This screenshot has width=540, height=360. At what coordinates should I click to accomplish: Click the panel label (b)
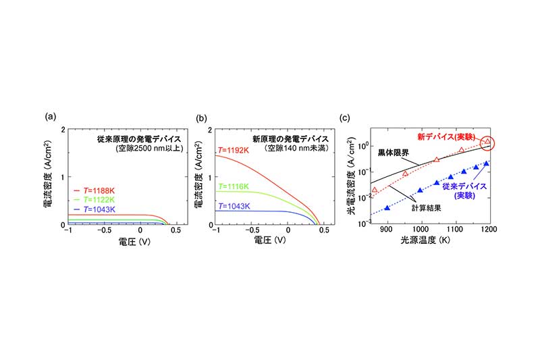click(200, 118)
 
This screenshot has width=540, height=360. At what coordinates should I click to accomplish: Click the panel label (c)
click(345, 118)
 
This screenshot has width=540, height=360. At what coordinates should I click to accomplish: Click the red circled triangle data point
click(488, 142)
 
